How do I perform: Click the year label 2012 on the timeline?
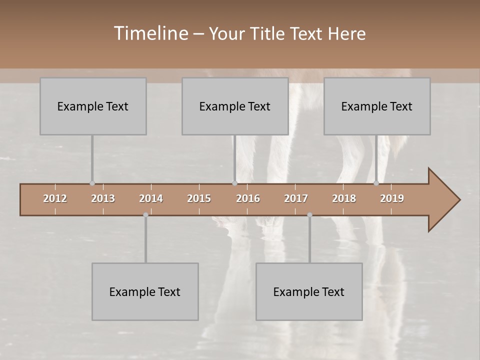pyautogui.click(x=55, y=198)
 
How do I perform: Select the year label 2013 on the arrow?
pyautogui.click(x=103, y=198)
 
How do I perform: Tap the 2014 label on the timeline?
pyautogui.click(x=151, y=198)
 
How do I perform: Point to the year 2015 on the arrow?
pyautogui.click(x=199, y=198)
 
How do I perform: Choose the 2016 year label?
pyautogui.click(x=248, y=198)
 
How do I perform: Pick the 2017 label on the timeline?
pyautogui.click(x=296, y=198)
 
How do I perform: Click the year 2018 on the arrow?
pyautogui.click(x=344, y=198)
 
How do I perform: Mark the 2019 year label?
pyautogui.click(x=392, y=198)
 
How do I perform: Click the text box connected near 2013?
pyautogui.click(x=93, y=106)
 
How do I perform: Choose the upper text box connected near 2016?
pyautogui.click(x=235, y=106)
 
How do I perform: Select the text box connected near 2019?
pyautogui.click(x=377, y=106)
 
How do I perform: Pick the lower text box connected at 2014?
pyautogui.click(x=145, y=291)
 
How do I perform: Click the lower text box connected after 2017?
pyautogui.click(x=309, y=291)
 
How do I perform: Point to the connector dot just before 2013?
pyautogui.click(x=92, y=183)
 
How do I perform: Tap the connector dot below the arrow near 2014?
pyautogui.click(x=145, y=215)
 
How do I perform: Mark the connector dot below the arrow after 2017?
pyautogui.click(x=309, y=215)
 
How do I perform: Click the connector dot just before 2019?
pyautogui.click(x=376, y=183)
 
